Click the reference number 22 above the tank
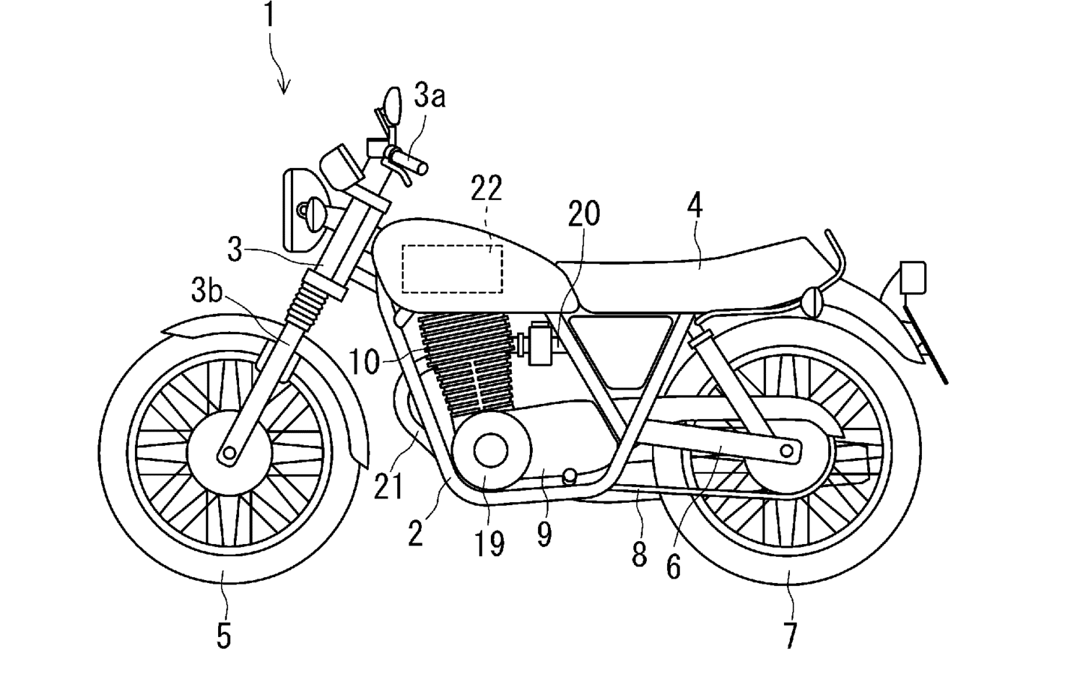tap(486, 188)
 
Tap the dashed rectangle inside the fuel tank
tap(452, 268)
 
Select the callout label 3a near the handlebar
tap(430, 95)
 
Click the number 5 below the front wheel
tap(224, 636)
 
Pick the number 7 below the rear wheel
tap(790, 636)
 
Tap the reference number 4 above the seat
tap(694, 207)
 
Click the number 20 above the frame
tap(583, 214)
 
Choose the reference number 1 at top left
tap(269, 16)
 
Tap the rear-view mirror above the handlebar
tap(392, 105)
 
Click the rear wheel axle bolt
tap(787, 452)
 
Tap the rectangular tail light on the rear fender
tap(913, 278)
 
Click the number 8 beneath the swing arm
tap(639, 555)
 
